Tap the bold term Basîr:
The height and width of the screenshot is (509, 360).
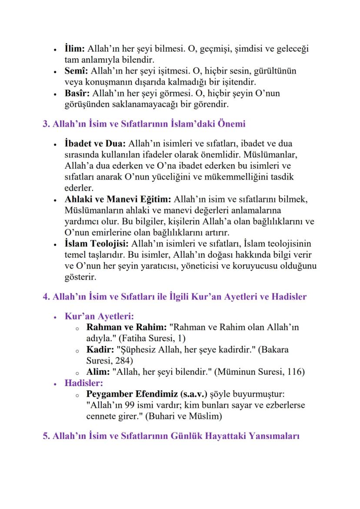click(77, 94)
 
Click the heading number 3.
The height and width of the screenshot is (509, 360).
click(45, 124)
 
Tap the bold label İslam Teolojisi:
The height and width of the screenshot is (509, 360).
click(97, 243)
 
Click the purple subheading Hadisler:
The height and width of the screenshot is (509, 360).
click(83, 383)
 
